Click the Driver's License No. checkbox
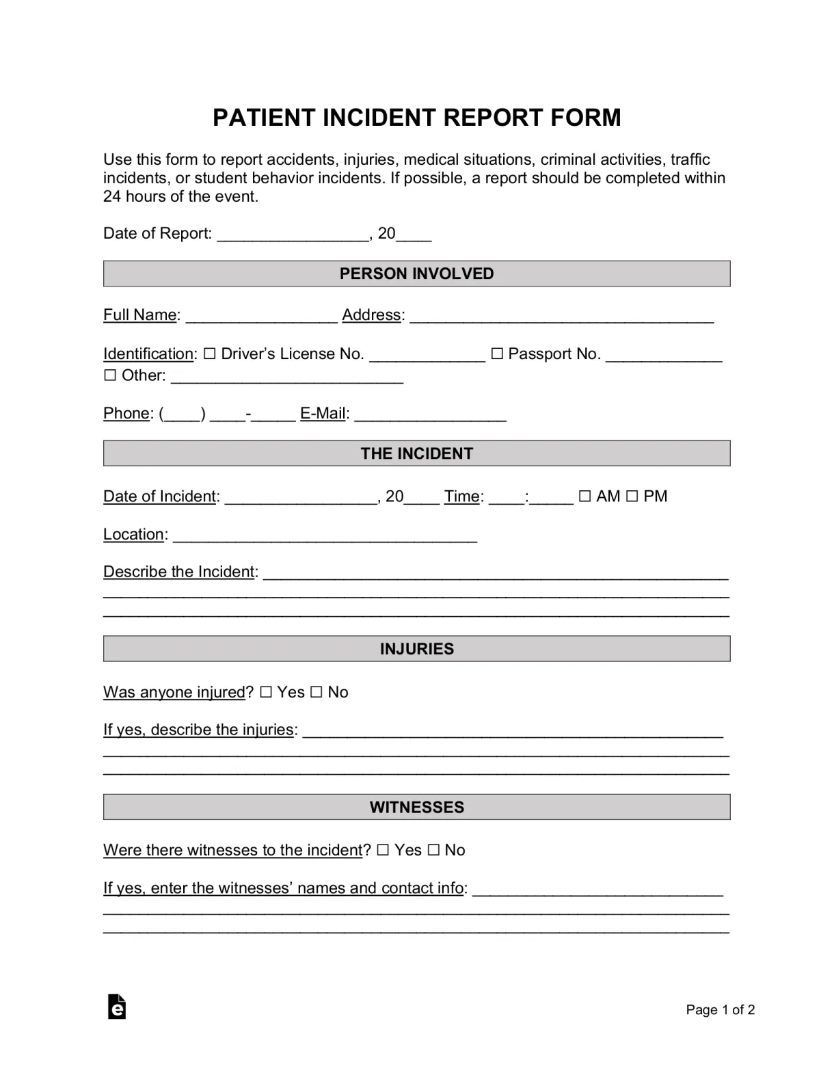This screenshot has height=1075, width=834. point(209,354)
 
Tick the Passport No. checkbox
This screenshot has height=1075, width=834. point(497,354)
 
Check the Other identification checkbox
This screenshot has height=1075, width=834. point(110,375)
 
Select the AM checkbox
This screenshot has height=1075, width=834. point(584,496)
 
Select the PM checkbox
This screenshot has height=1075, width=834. point(632,496)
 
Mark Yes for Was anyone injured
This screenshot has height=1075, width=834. point(266,692)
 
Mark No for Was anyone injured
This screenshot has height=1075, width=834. point(316,692)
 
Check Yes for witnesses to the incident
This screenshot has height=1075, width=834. point(383,850)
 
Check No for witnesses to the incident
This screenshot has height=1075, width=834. point(433,850)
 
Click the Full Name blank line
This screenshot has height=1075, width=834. point(261,317)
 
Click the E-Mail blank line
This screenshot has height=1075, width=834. point(430,416)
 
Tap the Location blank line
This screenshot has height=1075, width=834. point(325,537)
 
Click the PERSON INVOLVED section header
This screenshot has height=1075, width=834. point(416,274)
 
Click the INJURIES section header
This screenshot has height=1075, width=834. point(416,649)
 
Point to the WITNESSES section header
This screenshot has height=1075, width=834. point(416,807)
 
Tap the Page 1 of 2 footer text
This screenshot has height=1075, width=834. point(720,1010)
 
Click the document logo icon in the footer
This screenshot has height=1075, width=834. point(117,1007)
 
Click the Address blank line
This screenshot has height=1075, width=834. point(561,317)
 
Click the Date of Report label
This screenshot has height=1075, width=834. point(157,234)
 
